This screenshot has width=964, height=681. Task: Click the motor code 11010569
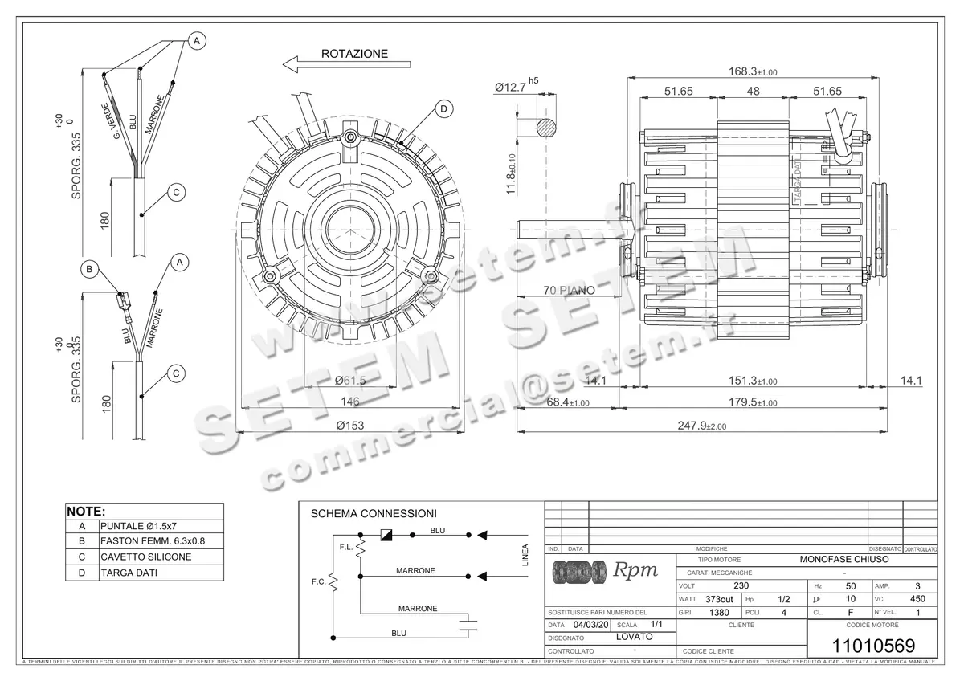point(872,646)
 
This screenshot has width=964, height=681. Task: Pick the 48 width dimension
point(753,92)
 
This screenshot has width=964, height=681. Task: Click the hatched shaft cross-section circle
point(545,127)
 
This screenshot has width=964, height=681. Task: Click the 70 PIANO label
point(569,290)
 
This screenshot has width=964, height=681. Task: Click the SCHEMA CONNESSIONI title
point(374,513)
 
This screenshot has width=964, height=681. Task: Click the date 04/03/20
point(591,624)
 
